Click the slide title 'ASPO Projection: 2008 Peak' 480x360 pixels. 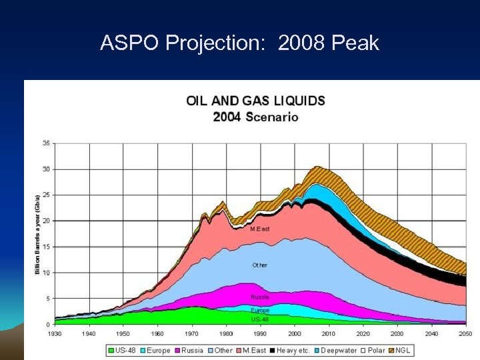[x=239, y=43]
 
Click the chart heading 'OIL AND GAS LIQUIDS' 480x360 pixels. [x=255, y=101]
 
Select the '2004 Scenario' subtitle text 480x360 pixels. [x=255, y=117]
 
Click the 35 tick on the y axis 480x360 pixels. [x=45, y=143]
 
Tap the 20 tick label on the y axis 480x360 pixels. [x=45, y=221]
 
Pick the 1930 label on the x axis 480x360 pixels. [x=55, y=333]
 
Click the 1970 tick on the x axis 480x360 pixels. [x=191, y=333]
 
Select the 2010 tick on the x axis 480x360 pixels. [x=329, y=333]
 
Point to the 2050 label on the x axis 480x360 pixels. [x=465, y=333]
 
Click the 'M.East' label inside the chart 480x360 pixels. [x=259, y=229]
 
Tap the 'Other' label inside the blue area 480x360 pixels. [x=259, y=265]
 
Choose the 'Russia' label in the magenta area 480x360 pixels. [x=259, y=297]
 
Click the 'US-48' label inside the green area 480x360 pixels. [x=259, y=319]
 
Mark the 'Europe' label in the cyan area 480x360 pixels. [x=259, y=311]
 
